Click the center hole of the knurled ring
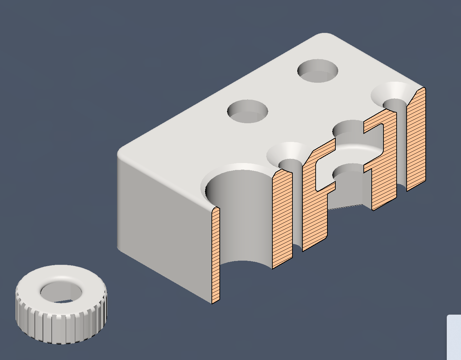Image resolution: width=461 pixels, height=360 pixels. coord(62,292)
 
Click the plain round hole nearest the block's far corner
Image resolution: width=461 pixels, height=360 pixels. coord(317,71)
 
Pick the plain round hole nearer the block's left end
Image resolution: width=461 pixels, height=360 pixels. coord(247,111)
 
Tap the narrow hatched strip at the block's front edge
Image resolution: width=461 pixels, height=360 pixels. coord(215,256)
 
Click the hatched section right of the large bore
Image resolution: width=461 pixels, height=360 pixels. coord(282,218)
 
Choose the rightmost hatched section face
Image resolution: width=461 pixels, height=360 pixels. coord(416,138)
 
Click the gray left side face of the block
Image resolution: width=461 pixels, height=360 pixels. coord(163,222)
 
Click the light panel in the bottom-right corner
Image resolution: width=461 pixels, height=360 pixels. coord(454,337)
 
